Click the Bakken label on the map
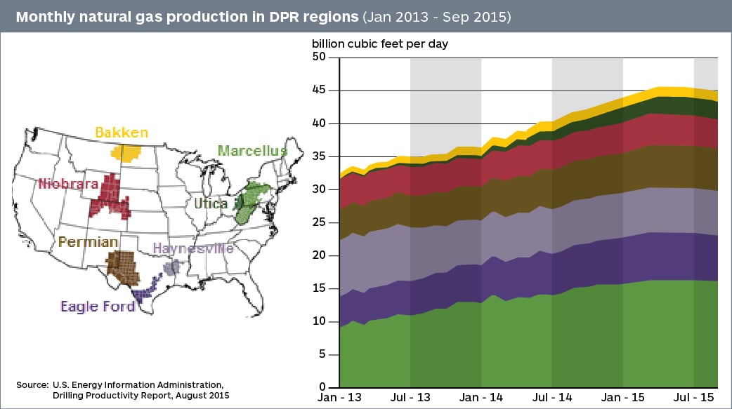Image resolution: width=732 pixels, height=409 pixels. click(122, 133)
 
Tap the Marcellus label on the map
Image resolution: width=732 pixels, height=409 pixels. click(252, 151)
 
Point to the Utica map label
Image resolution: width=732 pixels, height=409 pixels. click(211, 203)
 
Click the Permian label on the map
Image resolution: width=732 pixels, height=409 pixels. click(88, 242)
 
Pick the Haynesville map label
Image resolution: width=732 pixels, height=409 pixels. click(193, 249)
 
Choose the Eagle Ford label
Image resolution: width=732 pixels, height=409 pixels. click(97, 307)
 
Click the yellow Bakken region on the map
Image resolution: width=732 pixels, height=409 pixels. click(127, 153)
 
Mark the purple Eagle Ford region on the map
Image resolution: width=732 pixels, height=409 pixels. click(146, 291)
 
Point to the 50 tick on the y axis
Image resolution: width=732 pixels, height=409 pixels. click(321, 58)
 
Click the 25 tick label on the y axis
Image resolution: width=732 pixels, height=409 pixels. click(321, 222)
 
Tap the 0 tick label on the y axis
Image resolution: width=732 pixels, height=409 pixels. click(325, 387)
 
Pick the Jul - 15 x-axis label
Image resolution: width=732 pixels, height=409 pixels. click(694, 398)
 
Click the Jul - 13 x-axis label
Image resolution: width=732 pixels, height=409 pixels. click(410, 398)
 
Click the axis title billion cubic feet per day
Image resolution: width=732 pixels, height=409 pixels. click(380, 43)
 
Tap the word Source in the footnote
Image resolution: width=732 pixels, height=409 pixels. click(32, 384)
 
